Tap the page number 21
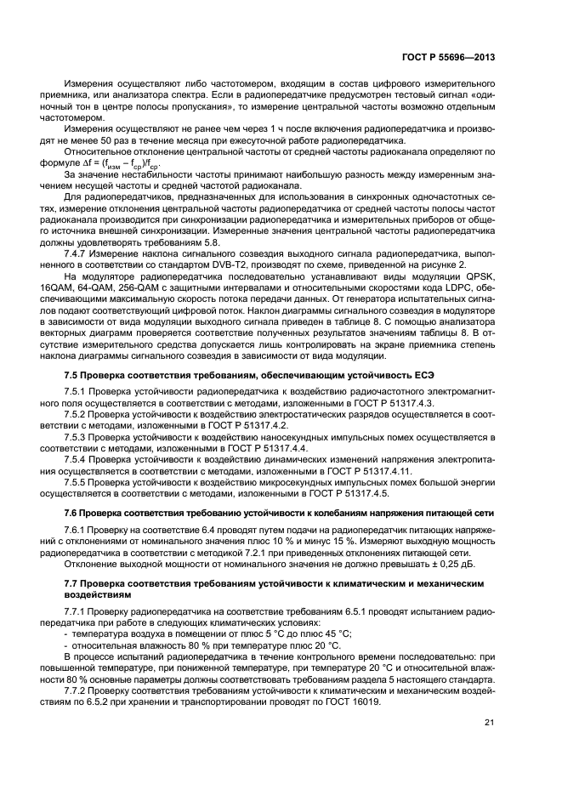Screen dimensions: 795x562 (490, 723)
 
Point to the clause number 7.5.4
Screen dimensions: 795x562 (79, 457)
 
